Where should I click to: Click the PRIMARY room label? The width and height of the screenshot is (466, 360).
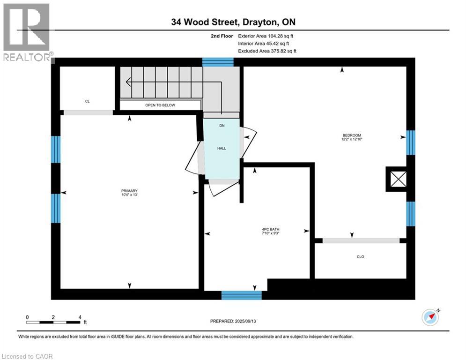pyautogui.click(x=129, y=191)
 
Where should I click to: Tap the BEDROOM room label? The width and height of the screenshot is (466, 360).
pyautogui.click(x=352, y=135)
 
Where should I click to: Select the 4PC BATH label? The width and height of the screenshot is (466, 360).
pyautogui.click(x=270, y=229)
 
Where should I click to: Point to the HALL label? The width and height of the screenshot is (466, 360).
pyautogui.click(x=222, y=148)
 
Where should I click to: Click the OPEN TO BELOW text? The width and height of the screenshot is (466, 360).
pyautogui.click(x=160, y=105)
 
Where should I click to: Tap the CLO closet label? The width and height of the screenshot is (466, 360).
pyautogui.click(x=360, y=256)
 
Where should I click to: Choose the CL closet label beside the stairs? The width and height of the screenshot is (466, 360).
pyautogui.click(x=87, y=101)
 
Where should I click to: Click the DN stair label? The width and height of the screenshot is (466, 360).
pyautogui.click(x=222, y=126)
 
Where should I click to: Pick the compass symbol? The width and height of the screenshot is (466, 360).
pyautogui.click(x=430, y=317)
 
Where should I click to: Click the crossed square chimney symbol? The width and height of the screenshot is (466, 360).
pyautogui.click(x=398, y=179)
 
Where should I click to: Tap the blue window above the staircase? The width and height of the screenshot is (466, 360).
pyautogui.click(x=218, y=62)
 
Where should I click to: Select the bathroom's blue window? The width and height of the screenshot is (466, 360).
pyautogui.click(x=242, y=295)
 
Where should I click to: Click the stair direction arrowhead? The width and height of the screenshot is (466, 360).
pyautogui.click(x=128, y=82)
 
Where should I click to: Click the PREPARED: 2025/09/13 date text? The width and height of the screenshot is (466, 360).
pyautogui.click(x=233, y=321)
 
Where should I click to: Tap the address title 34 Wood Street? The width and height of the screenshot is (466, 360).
pyautogui.click(x=205, y=22)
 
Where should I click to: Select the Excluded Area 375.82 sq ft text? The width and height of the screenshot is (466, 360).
pyautogui.click(x=267, y=51)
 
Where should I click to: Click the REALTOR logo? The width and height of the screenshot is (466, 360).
pyautogui.click(x=26, y=32)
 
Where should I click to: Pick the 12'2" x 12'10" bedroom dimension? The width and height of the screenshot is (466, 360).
pyautogui.click(x=352, y=139)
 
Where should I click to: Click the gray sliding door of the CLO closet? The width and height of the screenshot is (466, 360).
pyautogui.click(x=361, y=240)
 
